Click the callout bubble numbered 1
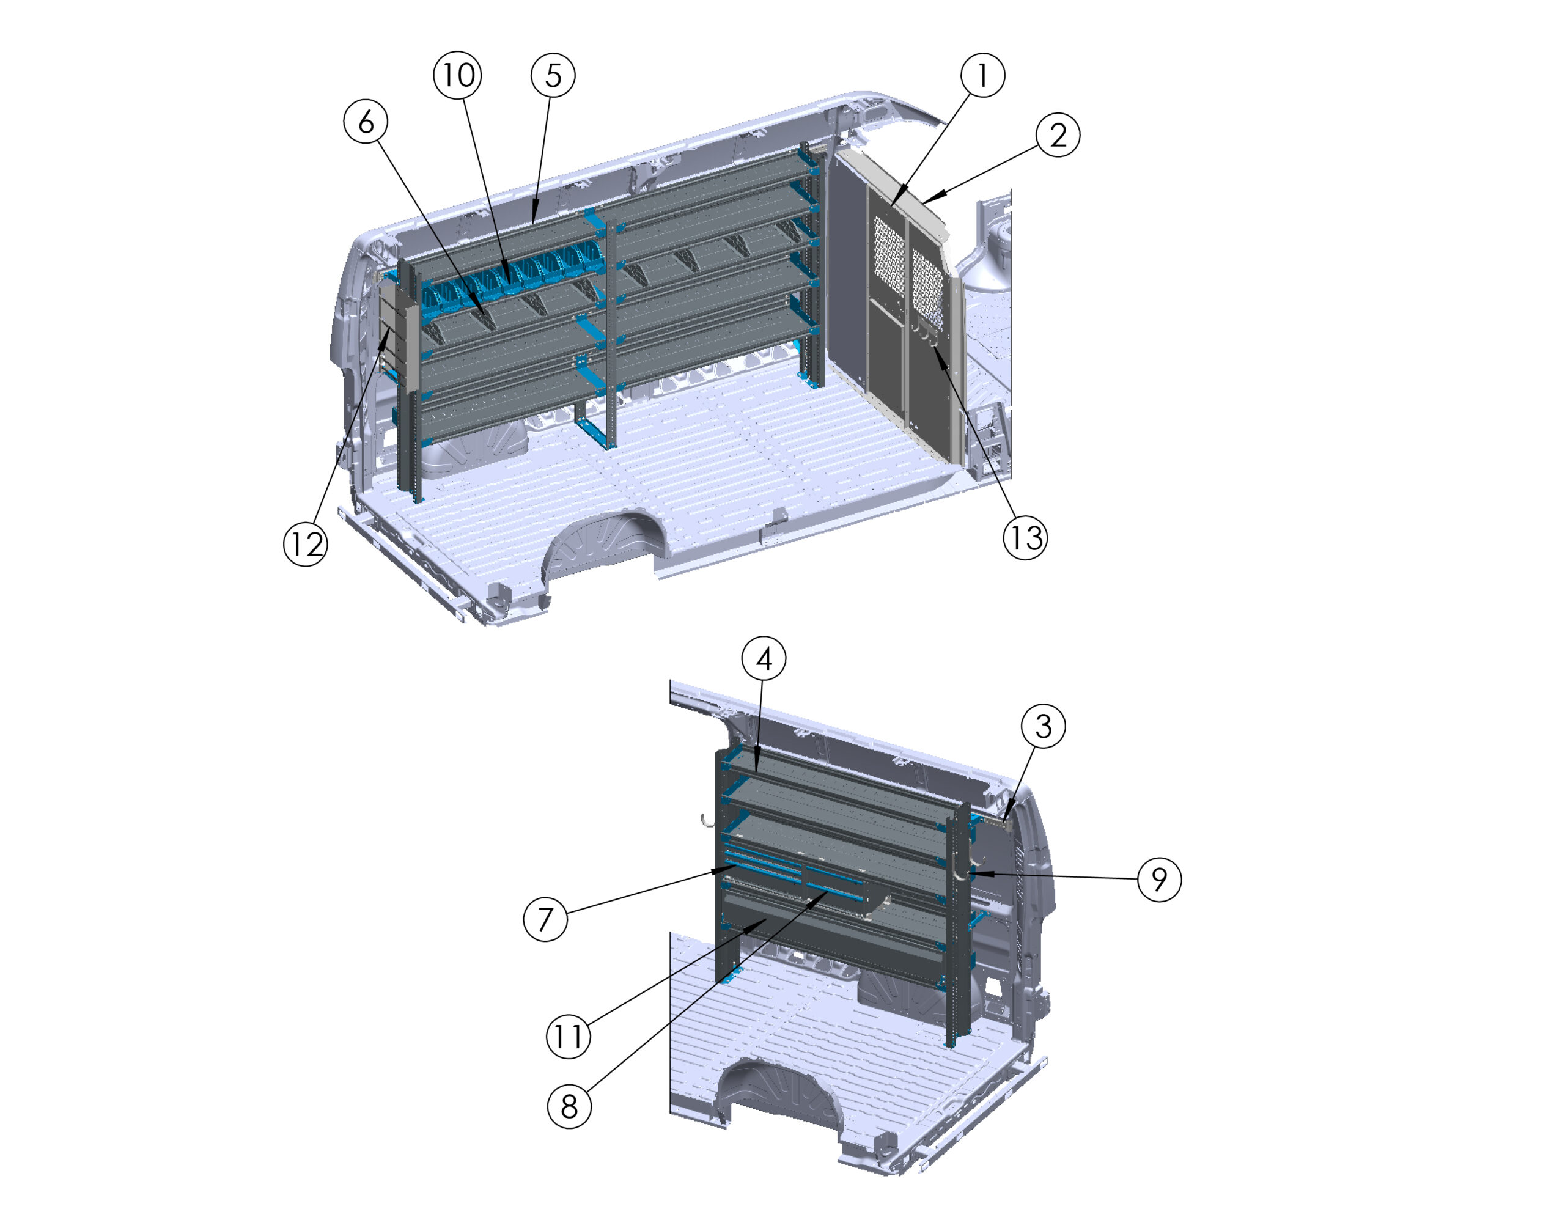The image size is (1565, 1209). [982, 75]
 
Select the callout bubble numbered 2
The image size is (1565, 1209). [1058, 134]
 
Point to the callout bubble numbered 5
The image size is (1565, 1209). [553, 75]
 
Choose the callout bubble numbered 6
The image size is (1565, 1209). [366, 121]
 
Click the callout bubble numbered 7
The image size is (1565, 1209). [545, 919]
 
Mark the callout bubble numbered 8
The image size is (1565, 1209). [569, 1106]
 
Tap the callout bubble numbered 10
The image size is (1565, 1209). [458, 75]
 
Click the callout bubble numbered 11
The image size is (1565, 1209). [569, 1035]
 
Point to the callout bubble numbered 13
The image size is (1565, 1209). [1025, 537]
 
